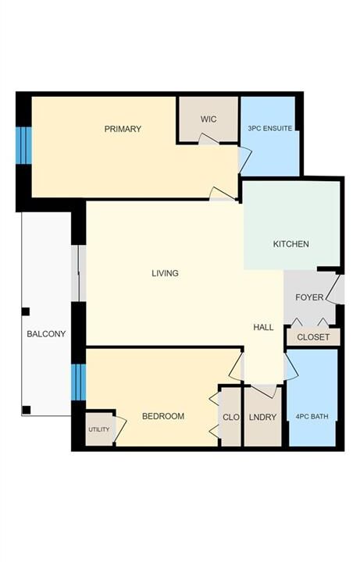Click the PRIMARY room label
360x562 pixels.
(x=123, y=129)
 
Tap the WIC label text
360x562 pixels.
(x=209, y=119)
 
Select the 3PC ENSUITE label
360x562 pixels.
(x=270, y=128)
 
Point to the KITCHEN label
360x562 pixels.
(x=290, y=244)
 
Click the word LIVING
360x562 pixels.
(x=165, y=273)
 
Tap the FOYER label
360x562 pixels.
(x=309, y=297)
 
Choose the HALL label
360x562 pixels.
(x=263, y=327)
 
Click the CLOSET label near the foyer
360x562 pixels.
(x=313, y=337)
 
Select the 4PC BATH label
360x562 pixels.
(x=312, y=417)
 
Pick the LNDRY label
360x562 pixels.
(x=262, y=417)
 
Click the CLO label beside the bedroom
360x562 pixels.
(x=231, y=417)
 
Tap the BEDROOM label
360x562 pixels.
(x=163, y=416)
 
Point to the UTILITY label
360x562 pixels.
(x=99, y=429)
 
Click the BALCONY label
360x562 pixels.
(x=46, y=334)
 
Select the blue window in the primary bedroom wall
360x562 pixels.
(x=23, y=145)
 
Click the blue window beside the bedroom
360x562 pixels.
(x=79, y=382)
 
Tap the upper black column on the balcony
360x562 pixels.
(x=26, y=311)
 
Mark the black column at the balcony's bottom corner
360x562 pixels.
(x=27, y=410)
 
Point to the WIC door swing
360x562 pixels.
(x=209, y=139)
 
